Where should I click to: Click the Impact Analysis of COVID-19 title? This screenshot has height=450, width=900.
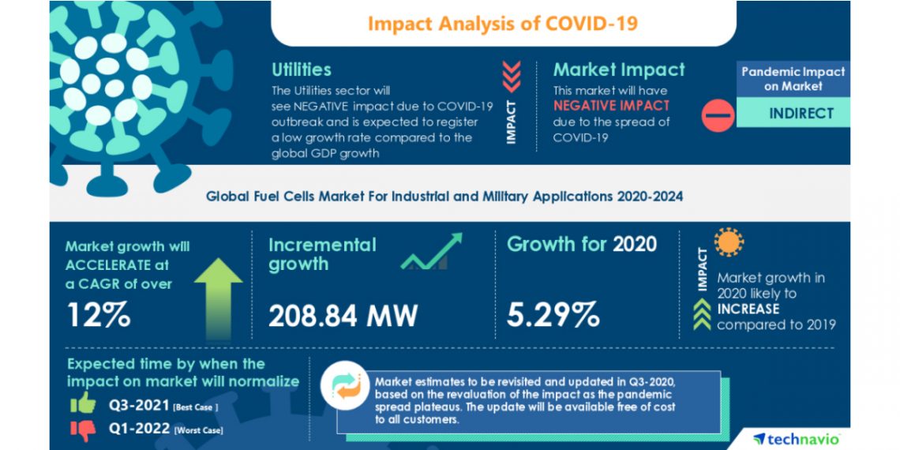click(502, 23)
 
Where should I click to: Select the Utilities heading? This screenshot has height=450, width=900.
click(301, 69)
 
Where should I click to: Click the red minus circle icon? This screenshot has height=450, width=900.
click(718, 115)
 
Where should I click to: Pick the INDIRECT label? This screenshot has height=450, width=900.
click(801, 114)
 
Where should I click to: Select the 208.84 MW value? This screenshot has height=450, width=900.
click(343, 316)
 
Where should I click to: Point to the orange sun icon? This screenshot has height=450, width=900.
click(729, 242)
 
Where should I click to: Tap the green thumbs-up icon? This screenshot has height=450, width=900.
click(82, 404)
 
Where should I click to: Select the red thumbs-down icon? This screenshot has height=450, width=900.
click(82, 429)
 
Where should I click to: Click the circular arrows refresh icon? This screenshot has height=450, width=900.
click(346, 385)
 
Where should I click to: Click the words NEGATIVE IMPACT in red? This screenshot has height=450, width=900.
click(611, 105)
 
